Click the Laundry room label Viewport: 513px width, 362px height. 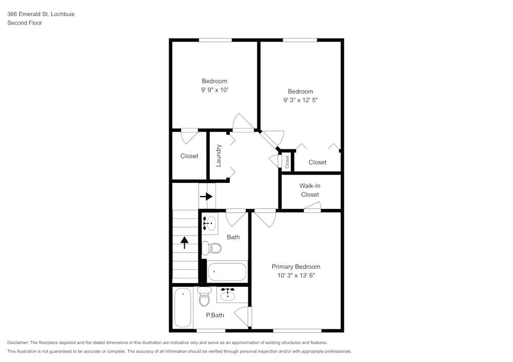pos(219,155)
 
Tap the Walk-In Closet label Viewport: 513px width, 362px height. pos(309,190)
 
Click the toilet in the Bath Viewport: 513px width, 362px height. pos(211,248)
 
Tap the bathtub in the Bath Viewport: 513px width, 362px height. pos(227,271)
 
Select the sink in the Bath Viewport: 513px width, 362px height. pos(209,223)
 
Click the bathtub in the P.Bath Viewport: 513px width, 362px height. pos(183,308)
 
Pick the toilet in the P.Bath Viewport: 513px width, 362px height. pos(204,295)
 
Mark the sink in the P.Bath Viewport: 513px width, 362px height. pos(227,294)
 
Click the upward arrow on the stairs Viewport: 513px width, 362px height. pos(184,242)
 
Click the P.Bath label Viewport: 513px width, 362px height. pos(215,315)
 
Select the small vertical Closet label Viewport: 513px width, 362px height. pos(287,162)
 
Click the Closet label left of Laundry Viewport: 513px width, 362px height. pos(189,156)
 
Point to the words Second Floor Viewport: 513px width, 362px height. pos(25,23)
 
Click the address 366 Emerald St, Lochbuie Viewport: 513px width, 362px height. pos(41,14)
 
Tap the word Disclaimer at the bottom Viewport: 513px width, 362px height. pos(18,343)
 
